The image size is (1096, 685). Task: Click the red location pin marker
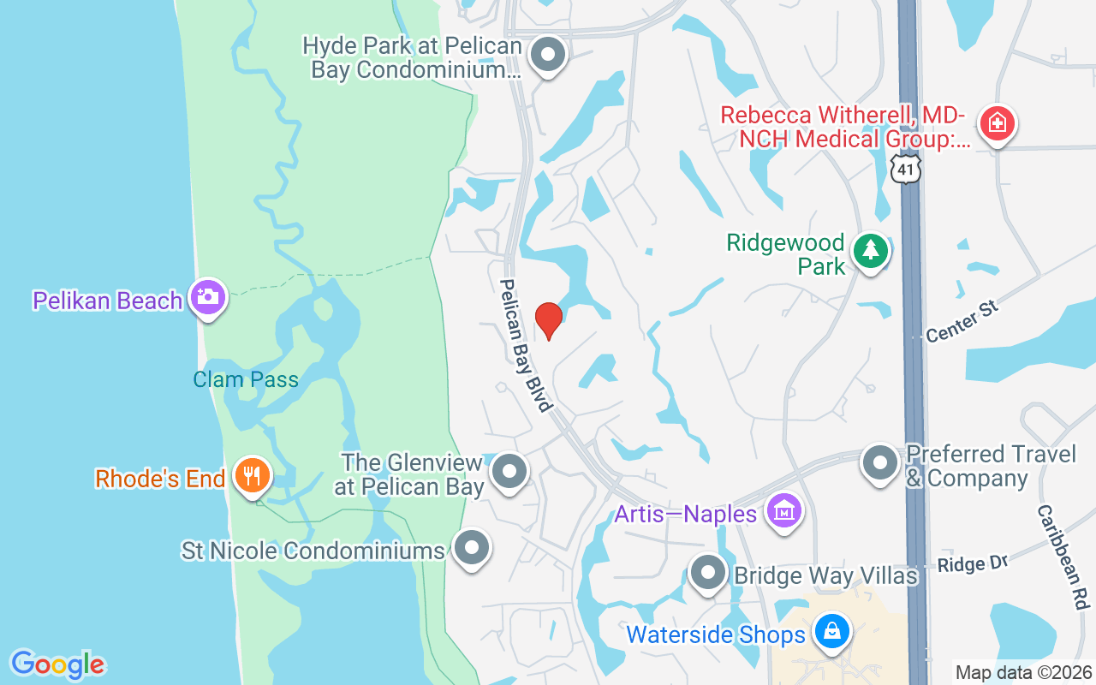548,320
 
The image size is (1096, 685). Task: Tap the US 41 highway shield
905,168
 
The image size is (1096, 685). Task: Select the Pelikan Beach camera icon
208,297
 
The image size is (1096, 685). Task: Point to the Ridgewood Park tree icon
871,250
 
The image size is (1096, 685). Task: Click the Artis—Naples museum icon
783,511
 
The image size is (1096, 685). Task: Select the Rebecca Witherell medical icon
997,124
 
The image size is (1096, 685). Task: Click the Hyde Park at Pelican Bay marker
548,56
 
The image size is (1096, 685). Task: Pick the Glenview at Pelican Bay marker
510,470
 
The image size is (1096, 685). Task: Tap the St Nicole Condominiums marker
471,547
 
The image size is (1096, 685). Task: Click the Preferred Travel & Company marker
879,463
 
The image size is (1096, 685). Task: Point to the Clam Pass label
246,379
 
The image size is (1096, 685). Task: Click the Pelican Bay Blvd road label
525,345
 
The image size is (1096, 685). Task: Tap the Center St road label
962,320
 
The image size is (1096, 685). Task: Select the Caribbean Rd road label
1062,556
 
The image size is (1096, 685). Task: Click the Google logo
58,664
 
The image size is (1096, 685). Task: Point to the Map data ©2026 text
1023,672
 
